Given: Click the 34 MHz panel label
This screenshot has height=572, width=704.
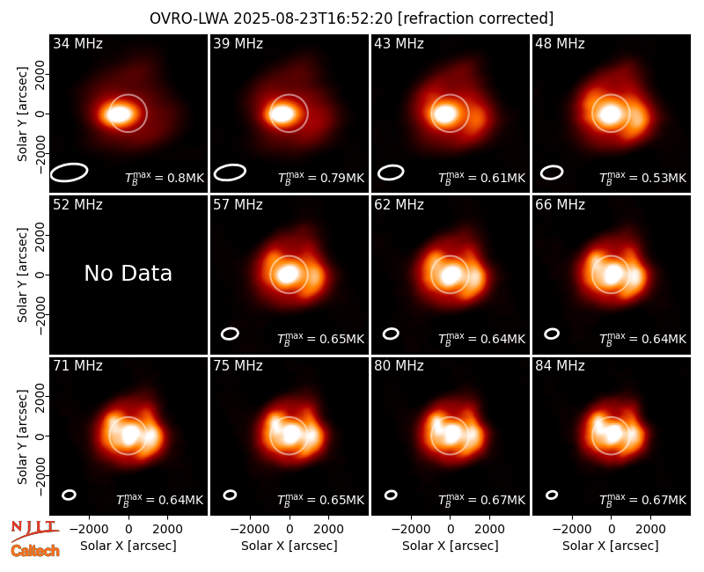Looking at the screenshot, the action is click(77, 43).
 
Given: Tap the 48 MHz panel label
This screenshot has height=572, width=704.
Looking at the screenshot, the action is click(560, 43).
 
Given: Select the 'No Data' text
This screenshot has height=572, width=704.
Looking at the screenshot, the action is click(128, 273).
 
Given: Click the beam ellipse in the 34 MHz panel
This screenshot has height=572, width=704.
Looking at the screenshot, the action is click(69, 172).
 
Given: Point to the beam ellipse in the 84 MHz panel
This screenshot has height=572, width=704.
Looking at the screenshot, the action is click(552, 495).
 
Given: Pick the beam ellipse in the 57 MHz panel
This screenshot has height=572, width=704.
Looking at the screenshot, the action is click(230, 334).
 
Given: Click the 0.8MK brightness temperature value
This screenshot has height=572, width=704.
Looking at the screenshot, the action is click(186, 178).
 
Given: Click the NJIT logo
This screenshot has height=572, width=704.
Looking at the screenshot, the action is click(34, 530).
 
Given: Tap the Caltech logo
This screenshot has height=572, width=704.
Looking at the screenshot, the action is click(35, 551).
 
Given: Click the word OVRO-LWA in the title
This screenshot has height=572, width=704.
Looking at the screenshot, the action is click(189, 18).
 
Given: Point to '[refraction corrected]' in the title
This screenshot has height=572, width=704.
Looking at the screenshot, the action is click(475, 18).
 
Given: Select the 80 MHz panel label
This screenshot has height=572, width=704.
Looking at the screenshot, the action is click(399, 366).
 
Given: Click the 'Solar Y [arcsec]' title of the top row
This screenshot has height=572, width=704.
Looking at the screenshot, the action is click(22, 114).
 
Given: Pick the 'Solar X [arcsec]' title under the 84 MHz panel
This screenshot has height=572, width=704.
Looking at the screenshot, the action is click(611, 546).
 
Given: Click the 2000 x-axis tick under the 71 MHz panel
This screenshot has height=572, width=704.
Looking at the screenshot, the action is click(167, 530).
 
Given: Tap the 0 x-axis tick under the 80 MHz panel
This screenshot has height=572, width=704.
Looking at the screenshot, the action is click(451, 530).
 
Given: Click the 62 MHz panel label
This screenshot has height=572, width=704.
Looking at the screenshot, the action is click(399, 205).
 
